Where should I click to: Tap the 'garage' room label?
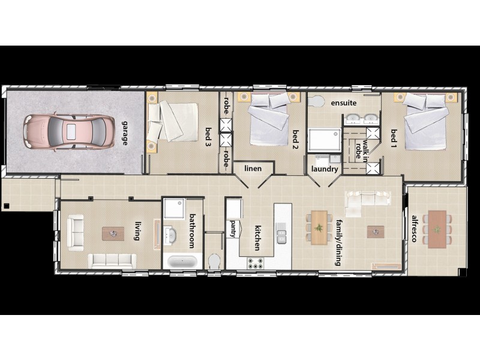point(125,131)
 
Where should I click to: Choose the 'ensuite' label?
point(343,103)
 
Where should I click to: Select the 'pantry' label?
point(233,229)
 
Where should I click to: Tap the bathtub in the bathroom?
point(181,262)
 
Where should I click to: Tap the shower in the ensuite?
point(323,139)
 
